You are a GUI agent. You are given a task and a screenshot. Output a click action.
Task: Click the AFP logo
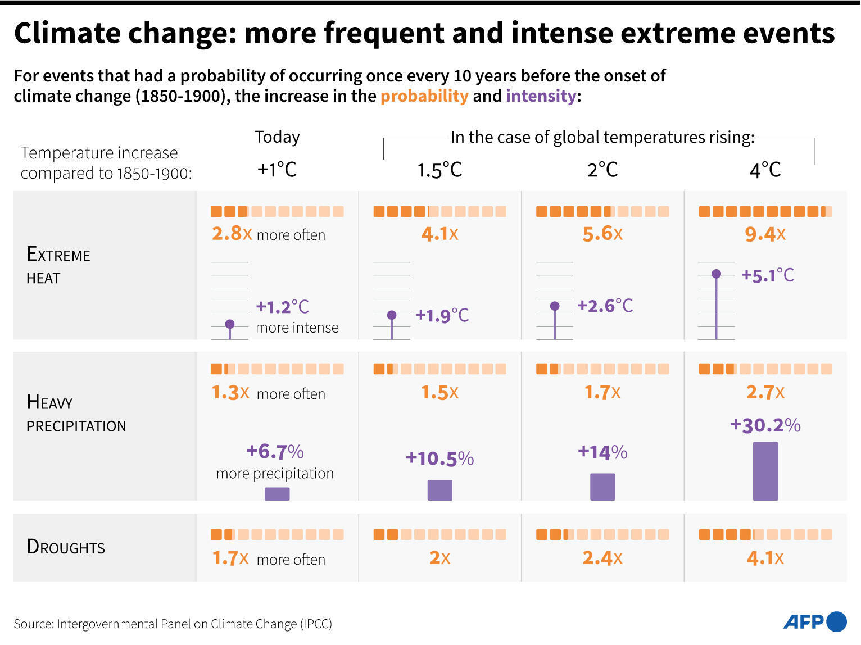point(814,622)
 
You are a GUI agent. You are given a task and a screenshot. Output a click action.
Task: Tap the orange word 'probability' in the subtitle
point(424,96)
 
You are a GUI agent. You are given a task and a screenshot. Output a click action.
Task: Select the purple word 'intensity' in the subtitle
point(541,96)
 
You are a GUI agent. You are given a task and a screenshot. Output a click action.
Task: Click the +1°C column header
point(277,169)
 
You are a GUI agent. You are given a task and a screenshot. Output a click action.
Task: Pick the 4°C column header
point(765,169)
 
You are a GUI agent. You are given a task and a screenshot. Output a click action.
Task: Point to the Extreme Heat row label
point(58,266)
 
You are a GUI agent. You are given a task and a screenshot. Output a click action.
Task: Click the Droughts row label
point(66,547)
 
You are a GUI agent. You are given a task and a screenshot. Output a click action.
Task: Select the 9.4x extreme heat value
point(765,234)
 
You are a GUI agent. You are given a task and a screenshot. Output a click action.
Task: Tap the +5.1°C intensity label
point(768,275)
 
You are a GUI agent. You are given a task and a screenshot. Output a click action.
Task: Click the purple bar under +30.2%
point(765,471)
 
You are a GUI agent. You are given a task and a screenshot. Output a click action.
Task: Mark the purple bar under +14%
point(602,487)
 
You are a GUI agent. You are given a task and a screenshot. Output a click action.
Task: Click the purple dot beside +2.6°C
point(555,306)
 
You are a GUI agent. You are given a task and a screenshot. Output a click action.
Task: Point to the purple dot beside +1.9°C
point(392,315)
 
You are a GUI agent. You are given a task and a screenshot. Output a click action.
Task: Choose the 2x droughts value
point(439,557)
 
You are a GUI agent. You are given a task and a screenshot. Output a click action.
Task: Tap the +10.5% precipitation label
point(439,458)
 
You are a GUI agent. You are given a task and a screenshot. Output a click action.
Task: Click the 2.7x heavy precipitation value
point(765,392)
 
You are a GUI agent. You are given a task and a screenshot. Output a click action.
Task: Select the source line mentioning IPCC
point(173,624)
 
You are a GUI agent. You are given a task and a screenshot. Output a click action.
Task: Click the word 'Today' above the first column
point(277,137)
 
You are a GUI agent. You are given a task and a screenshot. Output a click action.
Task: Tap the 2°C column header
point(602,169)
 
